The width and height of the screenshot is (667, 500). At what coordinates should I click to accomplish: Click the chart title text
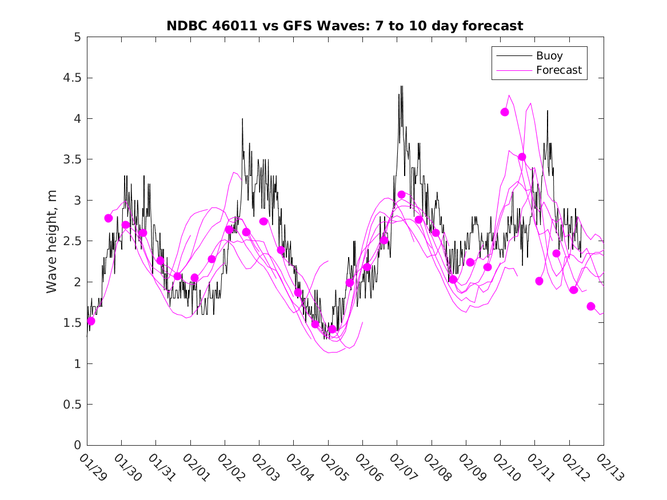(x=345, y=26)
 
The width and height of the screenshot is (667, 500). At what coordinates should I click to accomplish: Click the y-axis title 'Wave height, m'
(x=52, y=241)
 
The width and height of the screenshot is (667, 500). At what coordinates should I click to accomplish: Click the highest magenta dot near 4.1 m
(x=505, y=112)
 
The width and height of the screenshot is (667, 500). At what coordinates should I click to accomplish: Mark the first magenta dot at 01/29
(x=91, y=321)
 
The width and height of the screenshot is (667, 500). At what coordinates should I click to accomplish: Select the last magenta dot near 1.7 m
(x=591, y=306)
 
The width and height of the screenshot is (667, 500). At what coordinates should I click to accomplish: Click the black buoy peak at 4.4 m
(x=401, y=87)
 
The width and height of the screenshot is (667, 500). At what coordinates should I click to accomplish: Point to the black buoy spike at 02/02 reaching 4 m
(x=242, y=119)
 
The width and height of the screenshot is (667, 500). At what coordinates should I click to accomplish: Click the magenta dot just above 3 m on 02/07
(x=401, y=195)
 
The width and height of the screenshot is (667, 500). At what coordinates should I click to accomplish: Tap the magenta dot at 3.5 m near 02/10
(x=522, y=157)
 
